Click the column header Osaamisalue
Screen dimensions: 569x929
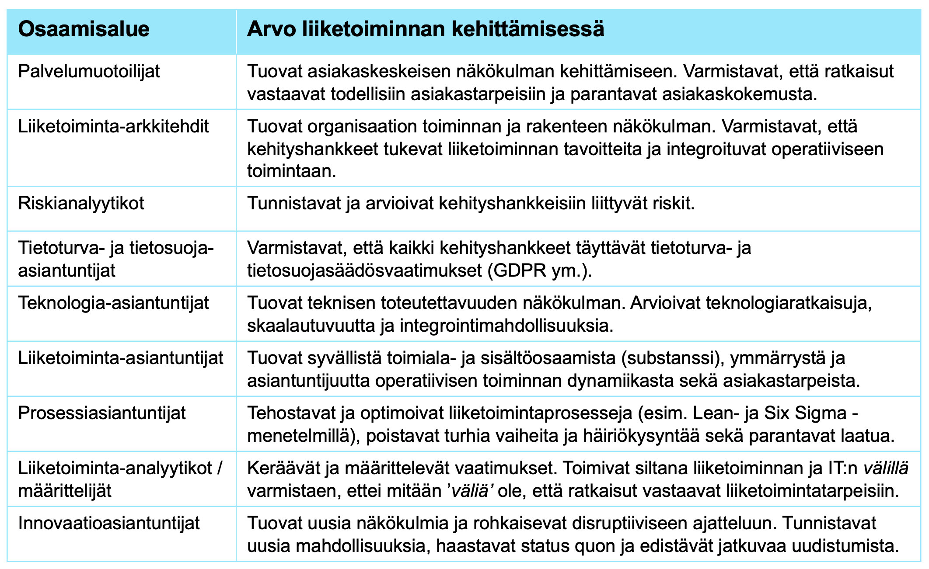(84, 30)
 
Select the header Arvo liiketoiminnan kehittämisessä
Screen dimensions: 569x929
(425, 30)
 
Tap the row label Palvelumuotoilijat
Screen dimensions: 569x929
(89, 71)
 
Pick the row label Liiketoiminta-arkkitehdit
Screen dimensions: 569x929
(113, 127)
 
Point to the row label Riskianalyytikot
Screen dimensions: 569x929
(81, 204)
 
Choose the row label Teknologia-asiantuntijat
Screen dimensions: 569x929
(113, 303)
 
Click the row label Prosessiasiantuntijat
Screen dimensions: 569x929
(102, 413)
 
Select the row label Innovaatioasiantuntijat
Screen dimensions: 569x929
(109, 523)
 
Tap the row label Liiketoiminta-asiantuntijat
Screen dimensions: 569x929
(121, 358)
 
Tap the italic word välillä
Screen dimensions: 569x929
(886, 468)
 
